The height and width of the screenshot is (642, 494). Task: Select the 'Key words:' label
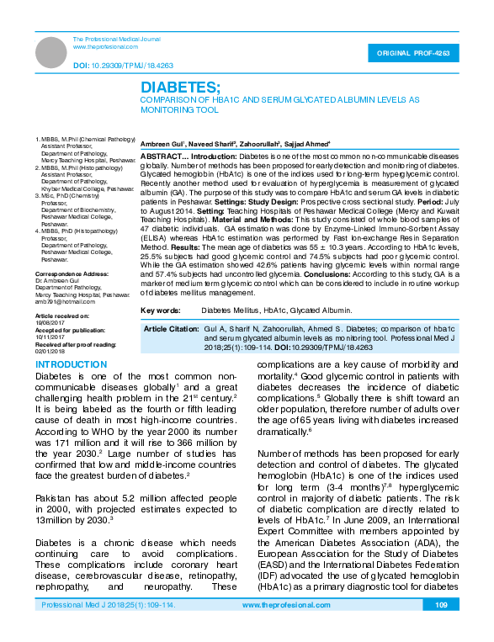click(x=160, y=310)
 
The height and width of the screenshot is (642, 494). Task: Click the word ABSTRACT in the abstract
click(x=159, y=157)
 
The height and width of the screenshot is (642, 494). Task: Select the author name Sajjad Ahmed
click(x=305, y=144)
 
